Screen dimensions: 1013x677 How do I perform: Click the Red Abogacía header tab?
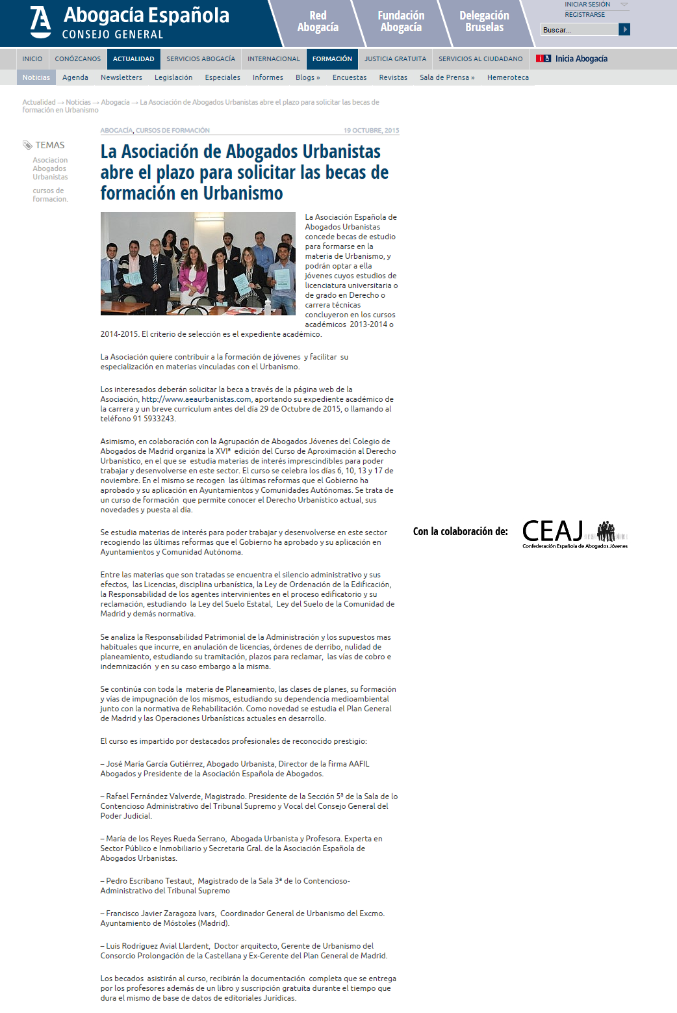point(318,21)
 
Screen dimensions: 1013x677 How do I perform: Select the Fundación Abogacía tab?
point(401,21)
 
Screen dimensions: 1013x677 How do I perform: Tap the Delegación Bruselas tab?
point(484,21)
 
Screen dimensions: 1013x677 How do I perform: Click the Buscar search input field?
point(579,29)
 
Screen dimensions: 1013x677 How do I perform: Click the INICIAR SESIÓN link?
point(587,5)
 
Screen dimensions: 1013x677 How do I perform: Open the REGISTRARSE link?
point(585,14)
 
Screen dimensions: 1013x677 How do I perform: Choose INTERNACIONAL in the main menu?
point(274,59)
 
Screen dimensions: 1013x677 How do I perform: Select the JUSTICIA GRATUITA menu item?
point(395,59)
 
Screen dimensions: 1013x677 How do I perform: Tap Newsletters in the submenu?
point(121,77)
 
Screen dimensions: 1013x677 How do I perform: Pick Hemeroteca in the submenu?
point(507,77)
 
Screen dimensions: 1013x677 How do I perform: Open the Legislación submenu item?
point(173,77)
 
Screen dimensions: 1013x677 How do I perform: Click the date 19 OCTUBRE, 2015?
point(371,131)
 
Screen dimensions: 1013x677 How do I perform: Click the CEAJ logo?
point(575,533)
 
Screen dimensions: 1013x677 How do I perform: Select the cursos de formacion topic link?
point(50,195)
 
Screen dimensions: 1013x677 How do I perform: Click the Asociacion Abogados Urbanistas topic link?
point(50,168)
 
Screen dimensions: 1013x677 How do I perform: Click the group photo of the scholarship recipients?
point(198,263)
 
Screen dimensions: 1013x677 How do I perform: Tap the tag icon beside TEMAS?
point(27,145)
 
